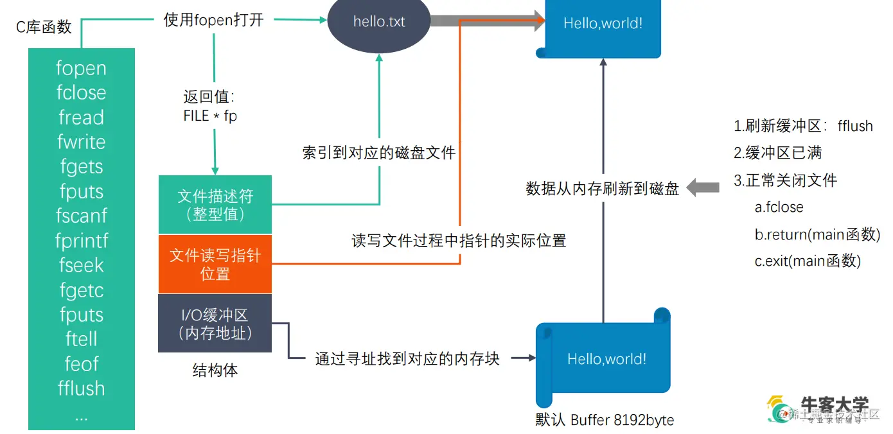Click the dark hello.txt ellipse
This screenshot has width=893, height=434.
(x=379, y=21)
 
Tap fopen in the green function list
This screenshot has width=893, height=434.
(x=81, y=68)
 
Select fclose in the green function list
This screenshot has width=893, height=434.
(x=81, y=92)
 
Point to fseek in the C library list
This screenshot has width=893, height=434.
(x=81, y=265)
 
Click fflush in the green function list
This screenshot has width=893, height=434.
(x=81, y=388)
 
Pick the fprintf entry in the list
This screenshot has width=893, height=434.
(x=81, y=241)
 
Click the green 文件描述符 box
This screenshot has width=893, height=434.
(x=215, y=204)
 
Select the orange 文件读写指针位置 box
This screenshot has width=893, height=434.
(x=215, y=264)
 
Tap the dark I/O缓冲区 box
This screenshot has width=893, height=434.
(x=215, y=324)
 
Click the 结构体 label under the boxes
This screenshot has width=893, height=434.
(x=215, y=370)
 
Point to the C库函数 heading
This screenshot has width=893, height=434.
(x=44, y=28)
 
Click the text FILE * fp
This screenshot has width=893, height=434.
(x=210, y=116)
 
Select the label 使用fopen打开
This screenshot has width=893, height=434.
(x=214, y=19)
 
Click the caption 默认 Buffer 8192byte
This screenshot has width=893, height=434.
(x=605, y=421)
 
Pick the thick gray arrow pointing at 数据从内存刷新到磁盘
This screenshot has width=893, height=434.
(x=702, y=187)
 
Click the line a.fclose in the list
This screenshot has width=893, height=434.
(x=779, y=207)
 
